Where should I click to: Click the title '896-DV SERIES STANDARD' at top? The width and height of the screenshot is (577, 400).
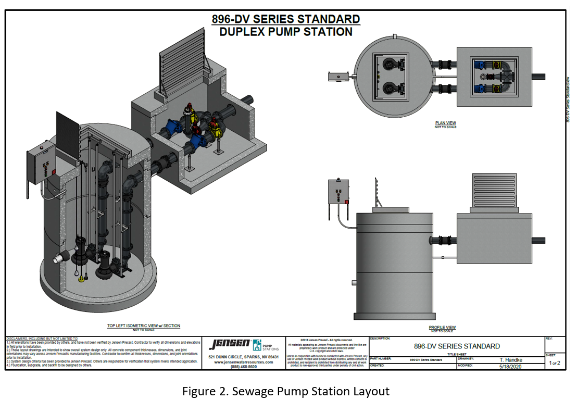click(x=285, y=20)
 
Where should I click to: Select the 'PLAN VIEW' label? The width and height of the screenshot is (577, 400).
click(x=445, y=123)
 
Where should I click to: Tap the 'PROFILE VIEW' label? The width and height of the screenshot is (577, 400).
click(x=442, y=328)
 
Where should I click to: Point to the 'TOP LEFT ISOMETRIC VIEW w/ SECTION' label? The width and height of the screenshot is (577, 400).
click(x=144, y=326)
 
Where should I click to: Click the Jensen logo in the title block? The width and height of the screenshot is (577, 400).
click(x=229, y=345)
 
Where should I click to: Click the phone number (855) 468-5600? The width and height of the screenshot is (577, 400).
click(x=243, y=367)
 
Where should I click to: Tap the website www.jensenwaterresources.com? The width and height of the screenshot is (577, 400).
click(x=243, y=362)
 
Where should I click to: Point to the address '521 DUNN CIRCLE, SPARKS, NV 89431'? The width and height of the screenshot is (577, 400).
click(x=243, y=357)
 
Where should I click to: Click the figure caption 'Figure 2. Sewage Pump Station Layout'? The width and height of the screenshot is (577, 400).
click(x=285, y=391)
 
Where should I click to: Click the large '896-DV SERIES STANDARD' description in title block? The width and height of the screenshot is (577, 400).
click(x=457, y=346)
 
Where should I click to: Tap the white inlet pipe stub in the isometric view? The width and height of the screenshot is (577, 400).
click(x=60, y=258)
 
